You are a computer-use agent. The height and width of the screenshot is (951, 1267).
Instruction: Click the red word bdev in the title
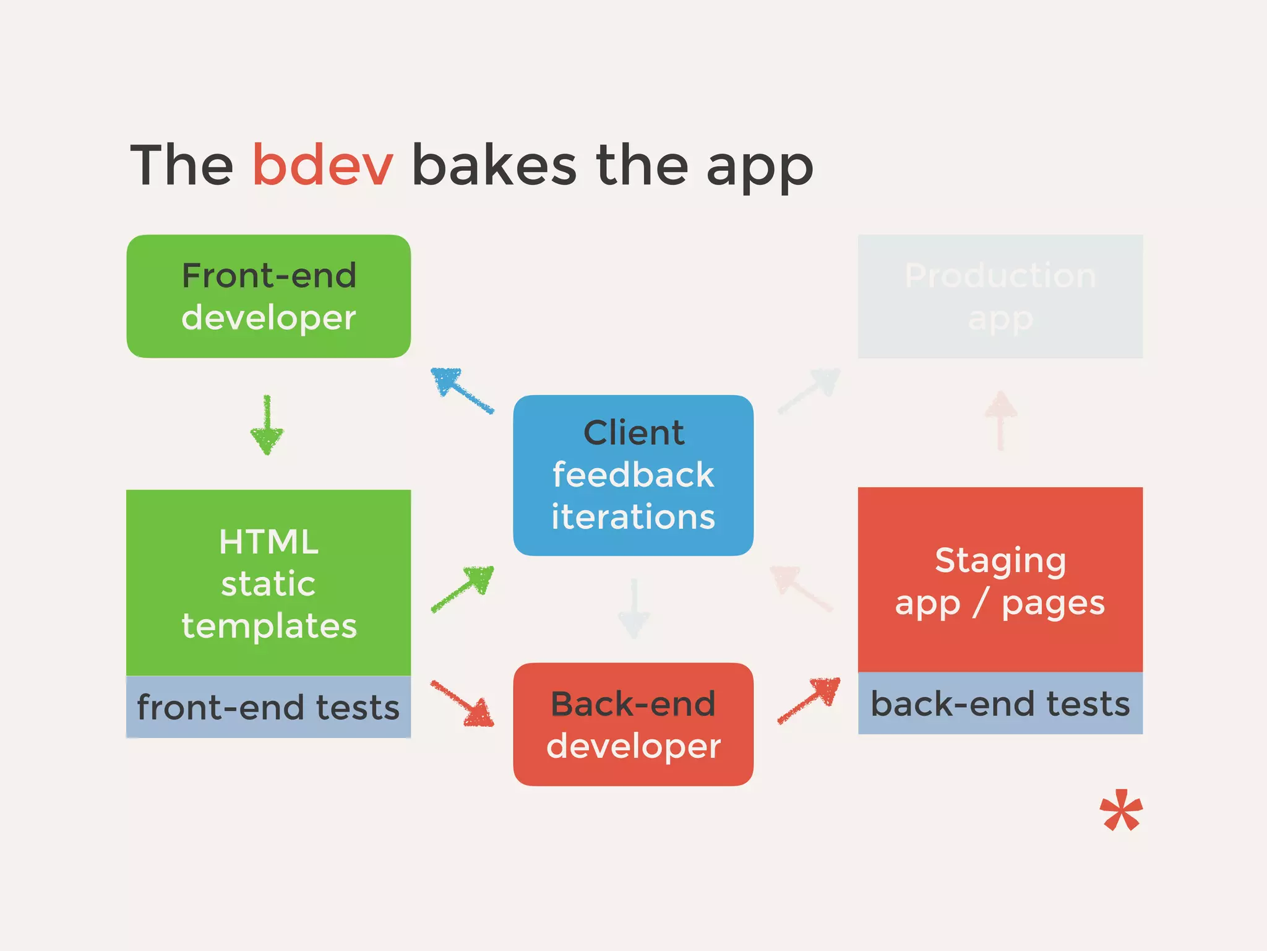pos(322,165)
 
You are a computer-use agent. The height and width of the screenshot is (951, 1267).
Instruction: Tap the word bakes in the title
pos(494,165)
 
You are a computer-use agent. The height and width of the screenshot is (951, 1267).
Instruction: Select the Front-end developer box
pos(268,296)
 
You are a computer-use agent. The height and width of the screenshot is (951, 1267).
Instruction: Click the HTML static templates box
pos(268,582)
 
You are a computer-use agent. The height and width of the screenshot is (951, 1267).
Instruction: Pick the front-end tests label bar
pos(268,706)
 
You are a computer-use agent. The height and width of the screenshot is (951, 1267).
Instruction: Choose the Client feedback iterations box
pos(633,475)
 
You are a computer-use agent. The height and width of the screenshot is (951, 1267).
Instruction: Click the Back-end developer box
pos(633,724)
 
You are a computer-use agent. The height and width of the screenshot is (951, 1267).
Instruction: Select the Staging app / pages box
pos(1000,580)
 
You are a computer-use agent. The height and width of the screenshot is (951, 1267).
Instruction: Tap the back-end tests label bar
pos(1000,703)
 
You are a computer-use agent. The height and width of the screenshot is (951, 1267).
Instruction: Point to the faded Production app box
pos(1000,296)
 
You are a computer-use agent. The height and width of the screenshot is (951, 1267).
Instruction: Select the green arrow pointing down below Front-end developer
pos(267,425)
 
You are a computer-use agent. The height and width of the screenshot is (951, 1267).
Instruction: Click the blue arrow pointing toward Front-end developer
pos(462,390)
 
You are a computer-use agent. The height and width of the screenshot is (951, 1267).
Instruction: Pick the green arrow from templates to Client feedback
pos(463,589)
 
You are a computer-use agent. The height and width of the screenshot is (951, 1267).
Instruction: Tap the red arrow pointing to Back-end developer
pos(463,703)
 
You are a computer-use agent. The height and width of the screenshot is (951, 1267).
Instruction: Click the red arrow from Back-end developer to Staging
pos(809,700)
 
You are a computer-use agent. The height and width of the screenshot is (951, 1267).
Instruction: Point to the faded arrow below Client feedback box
pos(633,609)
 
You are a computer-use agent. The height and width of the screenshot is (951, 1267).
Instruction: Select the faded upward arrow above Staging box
pos(1000,420)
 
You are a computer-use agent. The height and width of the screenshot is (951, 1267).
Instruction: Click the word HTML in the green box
pos(268,542)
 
